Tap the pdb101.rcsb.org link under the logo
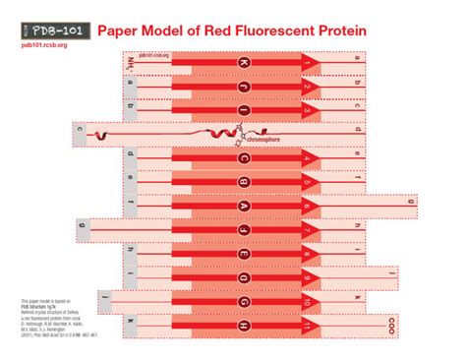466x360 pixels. [x=44, y=45]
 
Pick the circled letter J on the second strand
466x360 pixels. [x=245, y=86]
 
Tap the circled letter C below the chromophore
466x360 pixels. [x=245, y=158]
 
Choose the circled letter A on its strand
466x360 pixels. [x=245, y=206]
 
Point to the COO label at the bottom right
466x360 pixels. [x=392, y=322]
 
